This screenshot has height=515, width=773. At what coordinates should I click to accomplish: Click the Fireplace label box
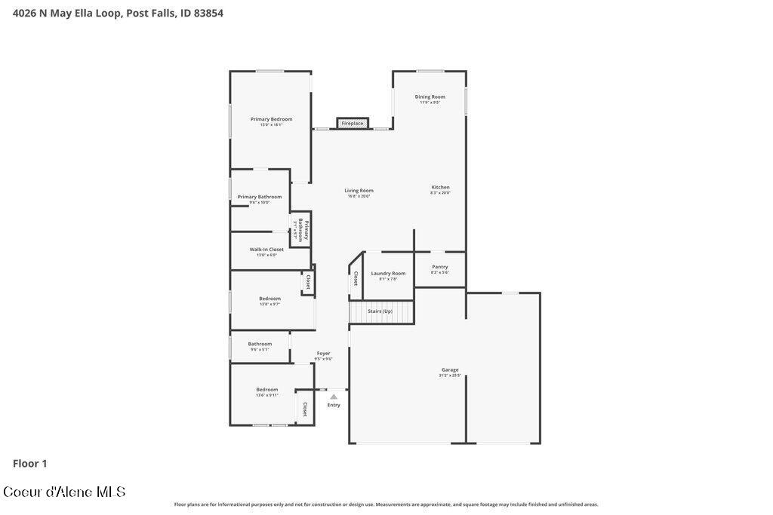pos(353,123)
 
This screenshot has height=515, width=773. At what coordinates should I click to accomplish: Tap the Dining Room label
pos(430,97)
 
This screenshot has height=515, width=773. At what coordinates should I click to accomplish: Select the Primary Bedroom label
pos(271,120)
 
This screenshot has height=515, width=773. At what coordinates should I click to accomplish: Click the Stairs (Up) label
pos(380,311)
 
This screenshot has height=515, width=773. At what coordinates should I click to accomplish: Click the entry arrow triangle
pos(334,396)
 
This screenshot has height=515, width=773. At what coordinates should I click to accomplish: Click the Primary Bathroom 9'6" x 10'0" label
pos(260,198)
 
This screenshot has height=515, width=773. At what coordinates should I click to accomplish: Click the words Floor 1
pos(30,464)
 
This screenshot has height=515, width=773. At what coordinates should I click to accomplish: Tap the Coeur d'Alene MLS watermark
pos(64,492)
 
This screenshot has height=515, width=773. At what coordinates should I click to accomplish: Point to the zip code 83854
pos(207,13)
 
